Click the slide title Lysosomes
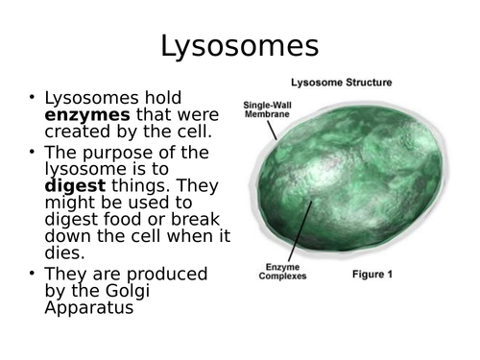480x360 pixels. [239, 46]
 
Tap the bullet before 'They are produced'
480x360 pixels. [31, 274]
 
